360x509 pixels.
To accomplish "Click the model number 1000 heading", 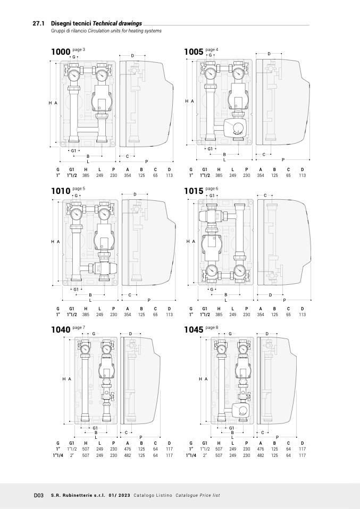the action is coord(61,52).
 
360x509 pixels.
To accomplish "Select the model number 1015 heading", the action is coord(194,191).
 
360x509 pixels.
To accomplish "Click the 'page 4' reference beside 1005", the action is coord(212,49).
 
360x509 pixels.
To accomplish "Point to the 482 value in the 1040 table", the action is coord(128,455).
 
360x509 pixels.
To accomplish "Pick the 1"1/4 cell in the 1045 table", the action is coord(191,455).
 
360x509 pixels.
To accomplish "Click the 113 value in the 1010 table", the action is coord(169,314).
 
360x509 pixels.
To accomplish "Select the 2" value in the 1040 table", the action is coord(71,455).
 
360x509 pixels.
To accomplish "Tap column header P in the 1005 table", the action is coord(247,169).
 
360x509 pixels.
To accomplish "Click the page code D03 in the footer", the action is coord(39,495).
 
